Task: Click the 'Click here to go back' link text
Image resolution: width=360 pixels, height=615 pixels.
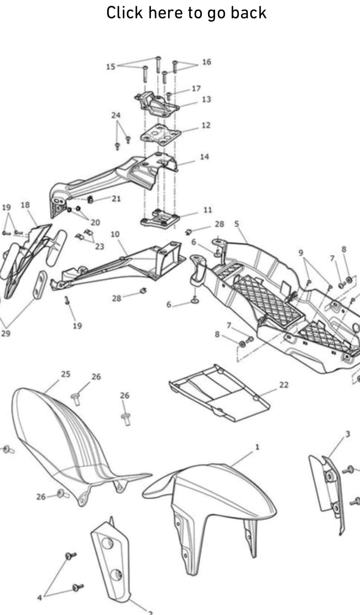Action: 186,13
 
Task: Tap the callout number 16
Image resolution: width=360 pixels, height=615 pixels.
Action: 207,62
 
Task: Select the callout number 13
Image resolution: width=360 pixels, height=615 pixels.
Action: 206,99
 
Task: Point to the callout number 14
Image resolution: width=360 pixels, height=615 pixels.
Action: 204,157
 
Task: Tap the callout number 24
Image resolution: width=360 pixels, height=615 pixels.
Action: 116,115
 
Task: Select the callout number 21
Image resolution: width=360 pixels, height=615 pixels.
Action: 116,198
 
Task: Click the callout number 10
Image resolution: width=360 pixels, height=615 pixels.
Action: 115,234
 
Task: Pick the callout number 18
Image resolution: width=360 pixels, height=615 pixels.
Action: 25,205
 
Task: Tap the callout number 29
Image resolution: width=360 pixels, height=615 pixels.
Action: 6,333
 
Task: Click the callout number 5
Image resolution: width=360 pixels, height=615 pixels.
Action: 237,224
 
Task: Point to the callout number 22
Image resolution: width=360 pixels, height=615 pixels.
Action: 284,385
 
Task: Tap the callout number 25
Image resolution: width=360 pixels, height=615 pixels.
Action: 66,374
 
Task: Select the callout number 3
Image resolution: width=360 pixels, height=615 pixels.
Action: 348,434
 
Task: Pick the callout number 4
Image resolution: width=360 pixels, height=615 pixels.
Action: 40,597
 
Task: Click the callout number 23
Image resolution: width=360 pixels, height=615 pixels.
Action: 99,247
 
